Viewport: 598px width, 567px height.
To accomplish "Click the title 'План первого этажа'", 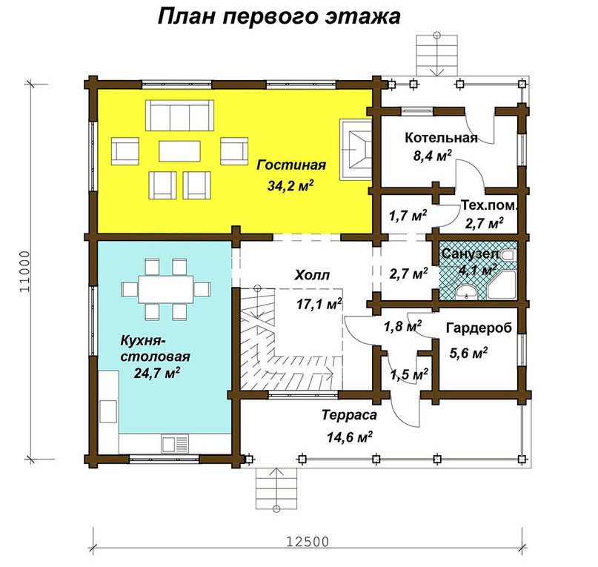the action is pyautogui.click(x=279, y=18).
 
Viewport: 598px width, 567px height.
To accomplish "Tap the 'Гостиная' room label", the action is pyautogui.click(x=291, y=165).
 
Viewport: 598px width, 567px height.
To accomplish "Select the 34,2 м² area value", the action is pyautogui.click(x=290, y=185).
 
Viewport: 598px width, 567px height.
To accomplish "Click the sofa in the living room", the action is pyautogui.click(x=179, y=115).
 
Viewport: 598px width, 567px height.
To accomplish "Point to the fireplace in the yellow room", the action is pyautogui.click(x=356, y=149).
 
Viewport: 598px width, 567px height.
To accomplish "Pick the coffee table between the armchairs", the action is pyautogui.click(x=179, y=151).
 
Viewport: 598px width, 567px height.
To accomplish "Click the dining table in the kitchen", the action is pyautogui.click(x=165, y=289).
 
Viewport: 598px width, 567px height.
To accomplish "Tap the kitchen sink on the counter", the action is pyautogui.click(x=175, y=444).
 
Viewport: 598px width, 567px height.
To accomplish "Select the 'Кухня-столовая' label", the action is pyautogui.click(x=155, y=348).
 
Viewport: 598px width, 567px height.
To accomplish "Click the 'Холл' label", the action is pyautogui.click(x=312, y=275).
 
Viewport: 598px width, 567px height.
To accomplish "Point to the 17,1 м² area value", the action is pyautogui.click(x=319, y=304).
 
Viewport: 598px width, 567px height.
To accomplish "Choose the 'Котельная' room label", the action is pyautogui.click(x=441, y=137).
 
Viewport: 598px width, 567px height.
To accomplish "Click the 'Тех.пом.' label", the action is pyautogui.click(x=490, y=205).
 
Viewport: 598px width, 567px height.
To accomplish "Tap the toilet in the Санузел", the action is pyautogui.click(x=508, y=255).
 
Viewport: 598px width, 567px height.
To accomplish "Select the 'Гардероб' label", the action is pyautogui.click(x=479, y=328).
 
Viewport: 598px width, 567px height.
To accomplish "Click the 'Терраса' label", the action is pyautogui.click(x=349, y=415).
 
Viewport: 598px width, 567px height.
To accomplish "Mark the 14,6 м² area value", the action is pyautogui.click(x=349, y=437).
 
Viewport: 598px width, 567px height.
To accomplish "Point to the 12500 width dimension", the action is pyautogui.click(x=308, y=541).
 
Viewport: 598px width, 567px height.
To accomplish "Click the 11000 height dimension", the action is pyautogui.click(x=24, y=271).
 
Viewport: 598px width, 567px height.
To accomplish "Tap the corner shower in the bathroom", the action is pyautogui.click(x=501, y=285).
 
